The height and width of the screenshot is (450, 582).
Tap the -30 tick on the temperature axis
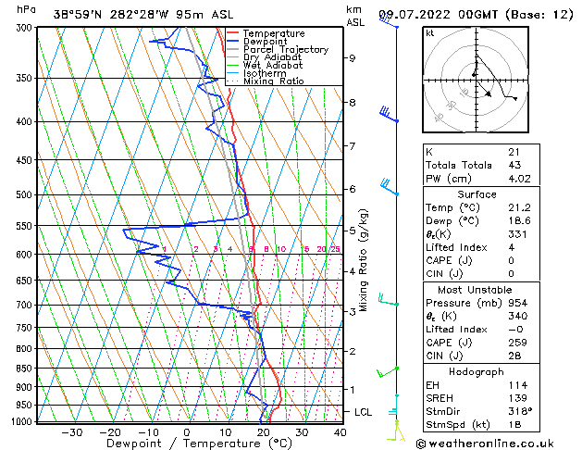pyautogui.click(x=71, y=432)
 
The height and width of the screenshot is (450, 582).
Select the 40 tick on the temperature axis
pyautogui.click(x=340, y=432)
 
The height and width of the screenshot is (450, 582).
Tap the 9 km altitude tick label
pyautogui.click(x=353, y=58)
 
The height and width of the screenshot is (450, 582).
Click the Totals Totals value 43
pyautogui.click(x=513, y=165)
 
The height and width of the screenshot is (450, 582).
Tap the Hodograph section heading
pyautogui.click(x=476, y=371)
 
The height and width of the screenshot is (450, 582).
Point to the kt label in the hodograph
pyautogui.click(x=429, y=33)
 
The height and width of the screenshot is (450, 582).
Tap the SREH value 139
pyautogui.click(x=515, y=397)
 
